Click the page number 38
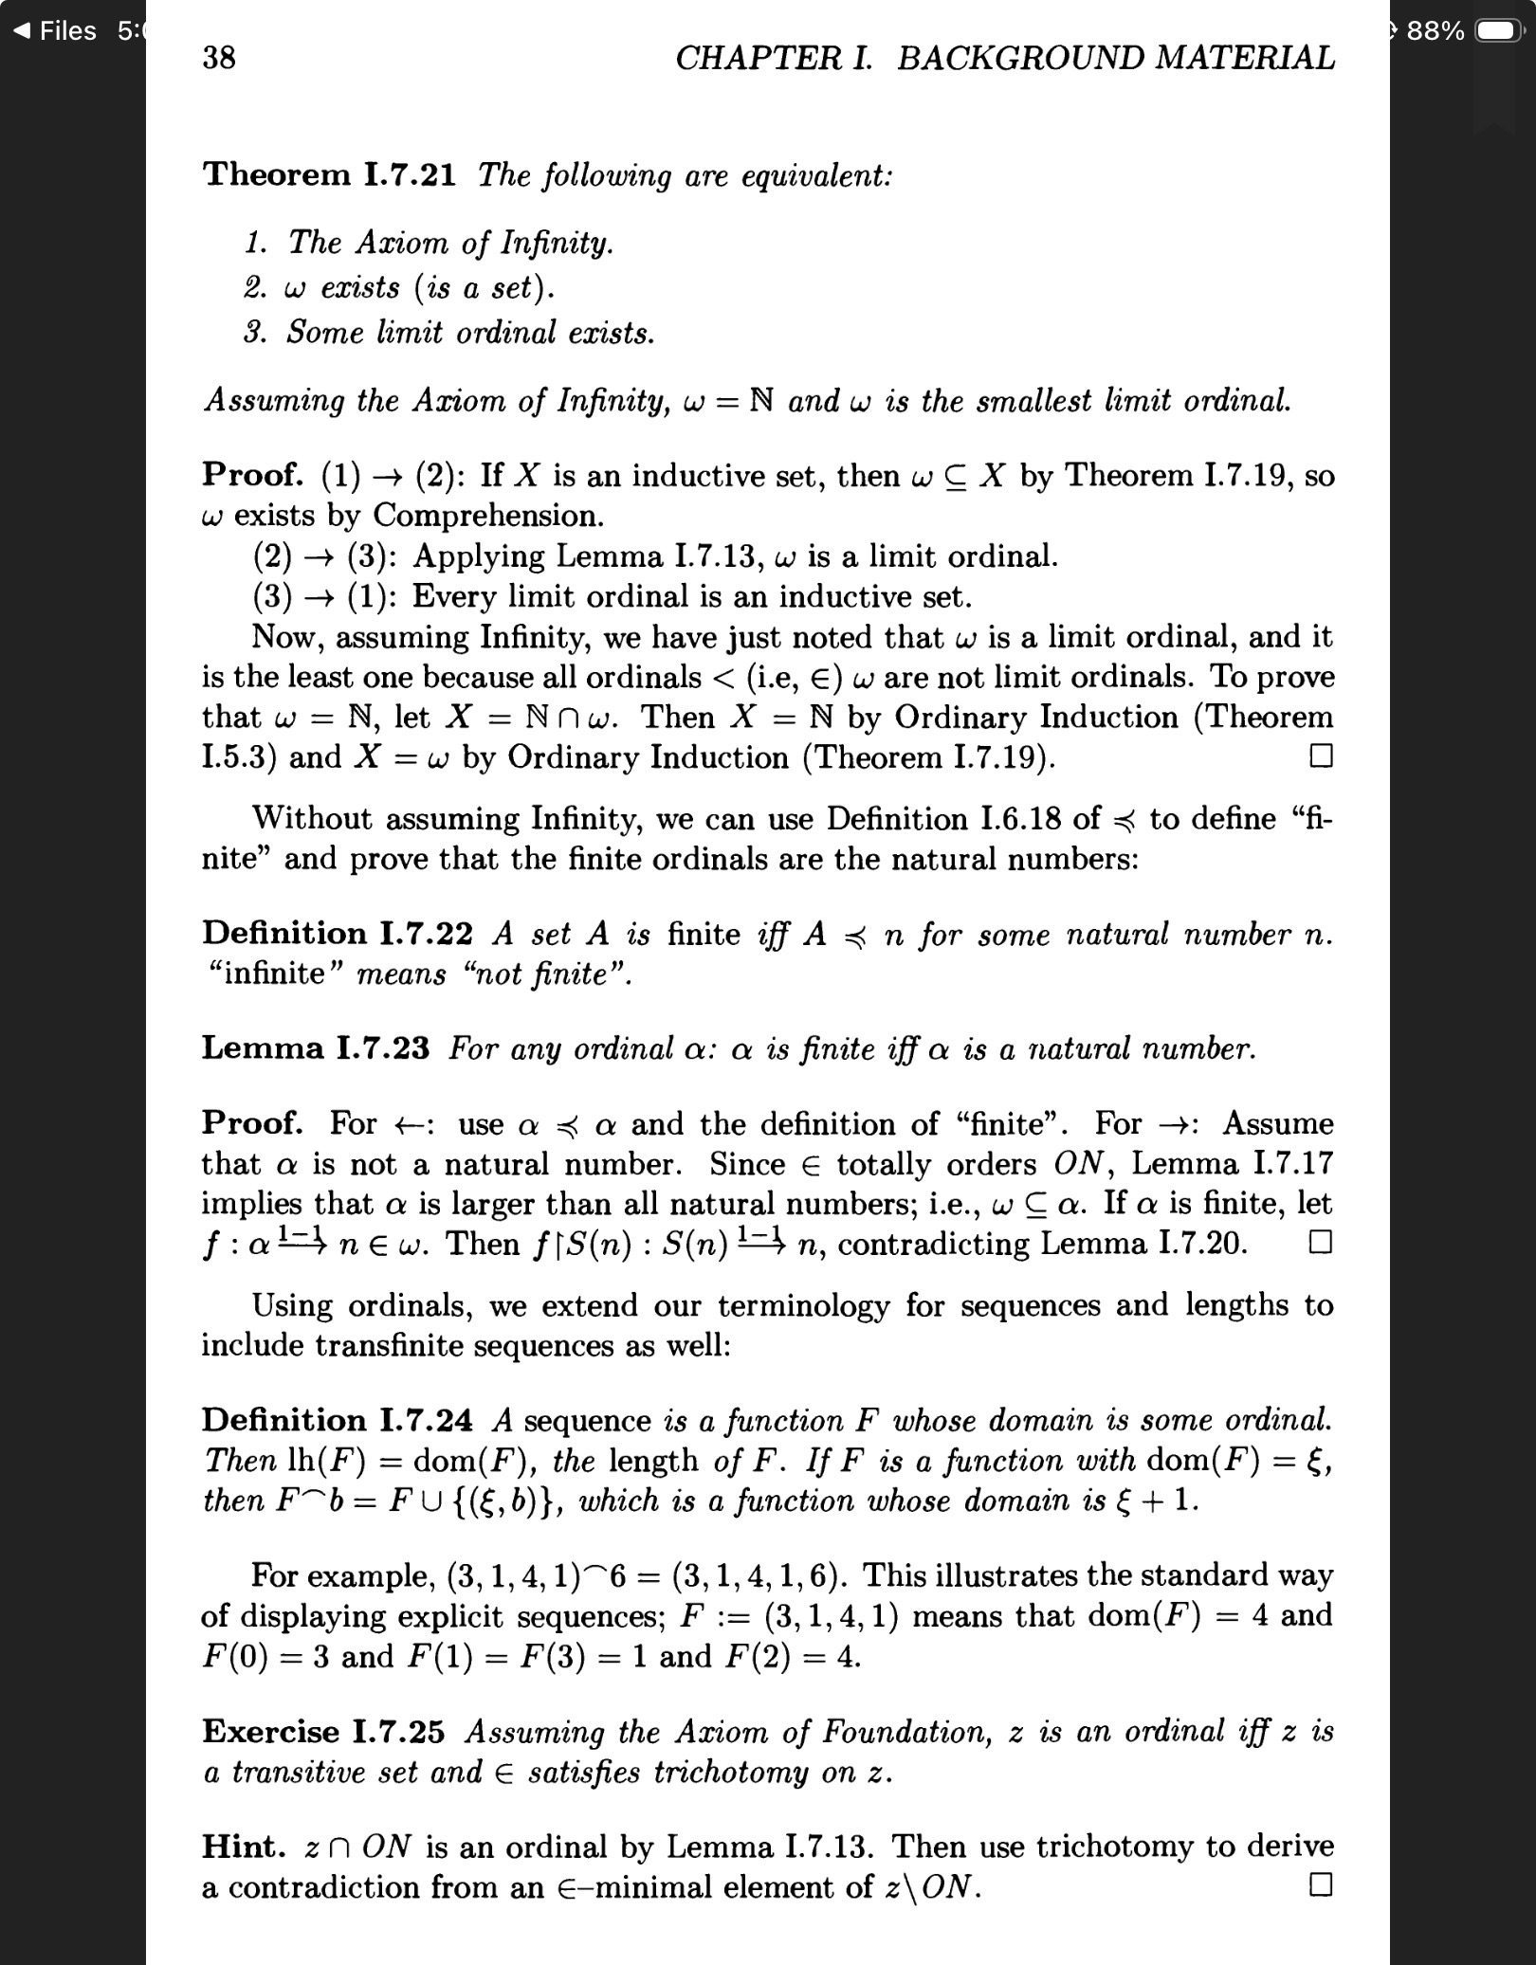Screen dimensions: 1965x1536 click(219, 58)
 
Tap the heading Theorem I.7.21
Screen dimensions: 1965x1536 click(329, 174)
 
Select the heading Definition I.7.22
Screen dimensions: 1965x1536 click(337, 934)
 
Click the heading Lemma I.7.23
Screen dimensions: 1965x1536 click(315, 1048)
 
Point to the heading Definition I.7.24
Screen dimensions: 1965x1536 click(337, 1420)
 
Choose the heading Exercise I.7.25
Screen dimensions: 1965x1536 click(322, 1732)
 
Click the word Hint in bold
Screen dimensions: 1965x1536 click(243, 1847)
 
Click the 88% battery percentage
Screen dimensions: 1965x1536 click(1435, 31)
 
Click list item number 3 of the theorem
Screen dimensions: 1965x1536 click(449, 333)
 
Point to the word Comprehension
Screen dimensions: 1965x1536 click(487, 516)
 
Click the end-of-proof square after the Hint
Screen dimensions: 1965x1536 click(1321, 1884)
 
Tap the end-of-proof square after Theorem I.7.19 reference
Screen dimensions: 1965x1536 click(1321, 756)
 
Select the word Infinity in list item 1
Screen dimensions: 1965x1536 click(556, 244)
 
